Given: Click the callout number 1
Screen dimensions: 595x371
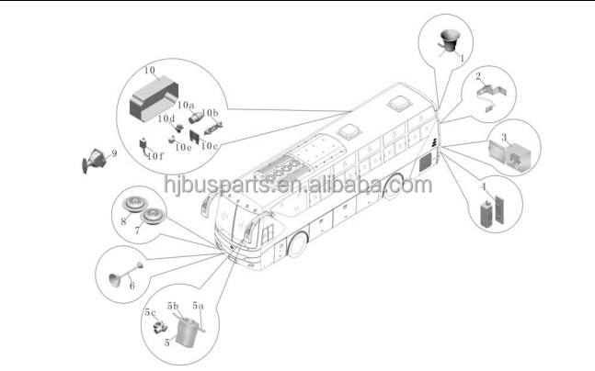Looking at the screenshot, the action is pyautogui.click(x=461, y=57).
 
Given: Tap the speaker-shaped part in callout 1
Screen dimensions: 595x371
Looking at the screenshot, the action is pyautogui.click(x=450, y=39).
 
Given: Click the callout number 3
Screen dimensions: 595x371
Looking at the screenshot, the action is pyautogui.click(x=503, y=137).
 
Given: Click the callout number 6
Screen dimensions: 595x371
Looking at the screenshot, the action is pyautogui.click(x=132, y=286).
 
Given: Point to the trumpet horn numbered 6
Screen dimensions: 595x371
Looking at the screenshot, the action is pyautogui.click(x=120, y=275).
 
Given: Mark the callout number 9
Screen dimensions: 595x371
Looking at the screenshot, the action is pyautogui.click(x=114, y=152).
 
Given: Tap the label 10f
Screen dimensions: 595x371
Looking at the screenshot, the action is pyautogui.click(x=154, y=156).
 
